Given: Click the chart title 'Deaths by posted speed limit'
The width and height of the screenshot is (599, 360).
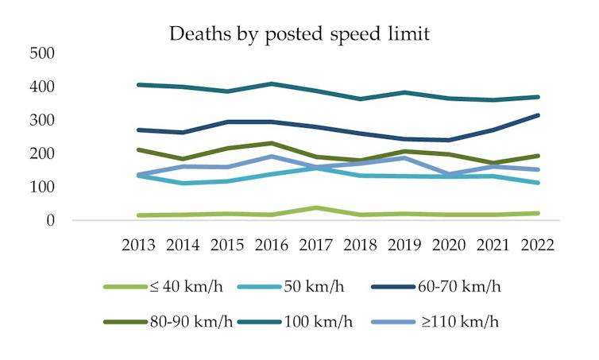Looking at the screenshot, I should tap(299, 34).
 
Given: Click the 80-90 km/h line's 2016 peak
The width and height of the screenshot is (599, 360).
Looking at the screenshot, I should tap(272, 143).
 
